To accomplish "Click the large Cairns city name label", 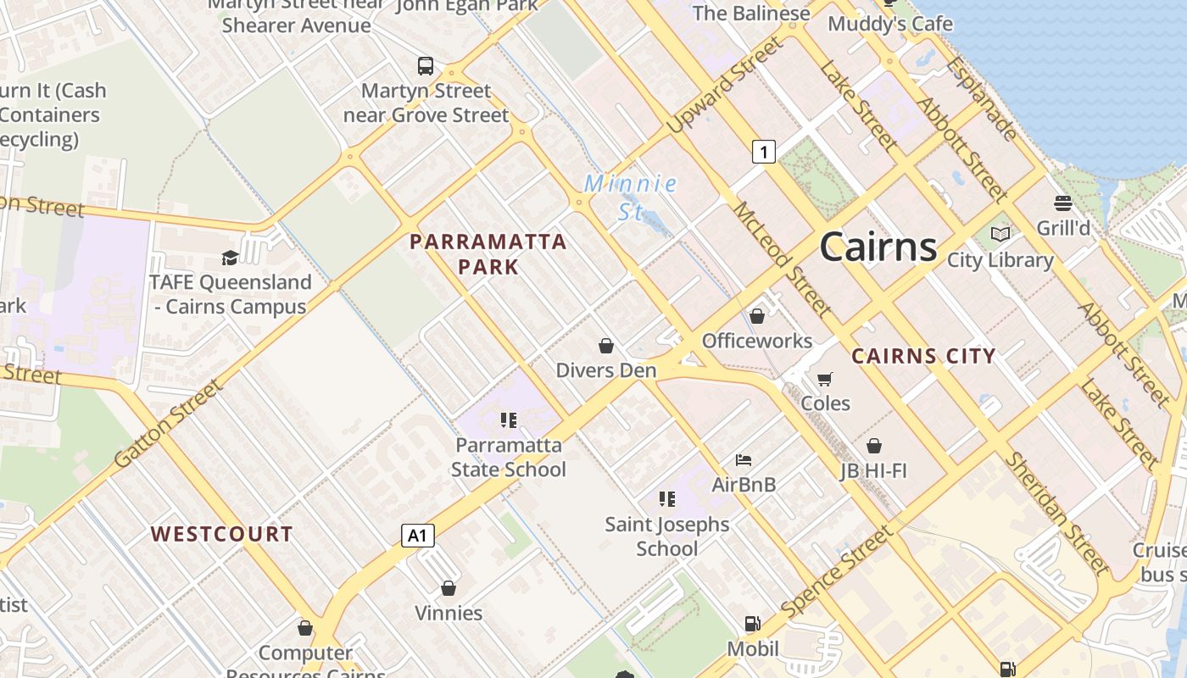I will pyautogui.click(x=878, y=247).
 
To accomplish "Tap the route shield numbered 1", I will pyautogui.click(x=764, y=152).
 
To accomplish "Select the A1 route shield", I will pyautogui.click(x=417, y=535).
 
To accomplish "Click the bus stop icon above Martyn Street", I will pyautogui.click(x=426, y=65).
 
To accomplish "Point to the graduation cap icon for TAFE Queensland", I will pyautogui.click(x=230, y=258).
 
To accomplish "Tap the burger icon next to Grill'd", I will pyautogui.click(x=1063, y=203).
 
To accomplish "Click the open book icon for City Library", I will pyautogui.click(x=1000, y=234).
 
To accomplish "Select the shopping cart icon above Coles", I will pyautogui.click(x=825, y=378).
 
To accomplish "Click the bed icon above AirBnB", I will pyautogui.click(x=744, y=460).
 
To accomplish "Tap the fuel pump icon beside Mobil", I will pyautogui.click(x=752, y=624).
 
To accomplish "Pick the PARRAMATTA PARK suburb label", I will pyautogui.click(x=488, y=254).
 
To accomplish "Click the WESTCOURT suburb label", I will pyautogui.click(x=221, y=534).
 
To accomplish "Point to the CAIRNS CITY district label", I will pyautogui.click(x=923, y=356).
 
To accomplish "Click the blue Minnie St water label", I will pyautogui.click(x=631, y=197).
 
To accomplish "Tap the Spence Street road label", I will pyautogui.click(x=837, y=571).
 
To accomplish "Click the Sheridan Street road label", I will pyautogui.click(x=1056, y=514).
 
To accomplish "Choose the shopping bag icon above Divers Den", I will pyautogui.click(x=606, y=345).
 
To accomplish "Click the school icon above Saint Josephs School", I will pyautogui.click(x=667, y=499).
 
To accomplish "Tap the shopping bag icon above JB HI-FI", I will pyautogui.click(x=874, y=445).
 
